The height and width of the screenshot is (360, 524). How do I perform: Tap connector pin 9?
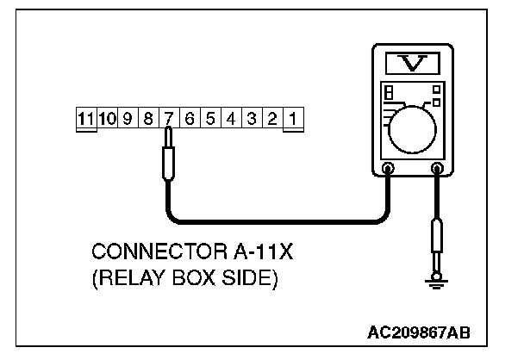click(128, 119)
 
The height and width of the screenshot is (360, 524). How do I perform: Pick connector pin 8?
click(148, 119)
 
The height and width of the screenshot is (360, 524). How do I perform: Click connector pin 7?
click(169, 119)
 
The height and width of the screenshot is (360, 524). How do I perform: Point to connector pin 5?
click(209, 119)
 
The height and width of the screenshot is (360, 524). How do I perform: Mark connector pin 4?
click(230, 119)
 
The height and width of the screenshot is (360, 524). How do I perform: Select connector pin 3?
click(251, 119)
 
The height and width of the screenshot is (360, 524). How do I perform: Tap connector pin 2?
click(271, 119)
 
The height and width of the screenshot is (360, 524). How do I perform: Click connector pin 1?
click(292, 119)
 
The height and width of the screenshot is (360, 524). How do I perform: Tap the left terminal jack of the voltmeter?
click(389, 169)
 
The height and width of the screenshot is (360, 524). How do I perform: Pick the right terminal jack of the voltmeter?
click(437, 169)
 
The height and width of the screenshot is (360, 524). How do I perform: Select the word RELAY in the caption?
click(129, 281)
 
